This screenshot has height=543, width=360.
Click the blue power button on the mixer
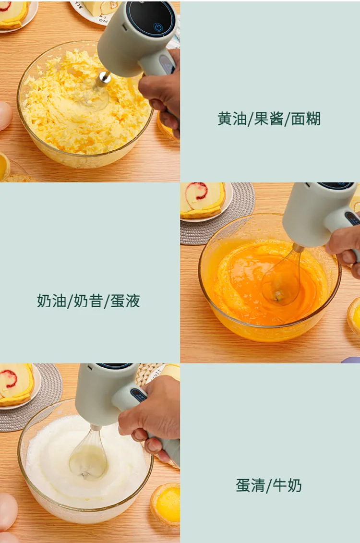click(158, 27)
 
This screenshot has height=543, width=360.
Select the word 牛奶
click(288, 485)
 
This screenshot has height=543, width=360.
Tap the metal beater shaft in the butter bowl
click(103, 79)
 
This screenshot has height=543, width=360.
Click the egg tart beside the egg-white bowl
click(166, 504)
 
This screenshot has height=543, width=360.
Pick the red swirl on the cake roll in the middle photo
click(197, 192)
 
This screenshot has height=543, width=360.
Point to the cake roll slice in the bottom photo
click(15, 385)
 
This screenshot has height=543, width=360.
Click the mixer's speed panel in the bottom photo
click(138, 395)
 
